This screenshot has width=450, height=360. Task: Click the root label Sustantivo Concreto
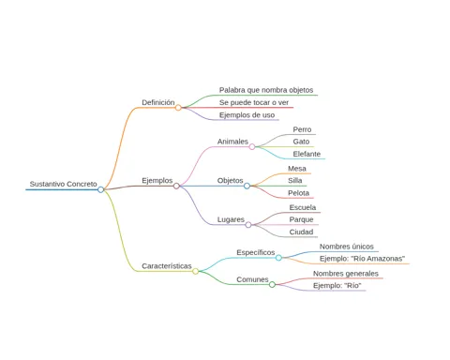coord(63,184)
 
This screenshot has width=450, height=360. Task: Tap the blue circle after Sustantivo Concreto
coord(100,189)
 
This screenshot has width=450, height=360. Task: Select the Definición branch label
coord(158,102)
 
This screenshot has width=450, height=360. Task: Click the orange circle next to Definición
coord(178,108)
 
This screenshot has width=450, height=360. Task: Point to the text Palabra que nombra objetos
coord(266,90)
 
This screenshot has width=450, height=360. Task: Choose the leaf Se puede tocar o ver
coord(254,102)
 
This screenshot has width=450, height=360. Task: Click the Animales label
coord(232,142)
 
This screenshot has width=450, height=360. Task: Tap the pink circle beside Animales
coord(252,147)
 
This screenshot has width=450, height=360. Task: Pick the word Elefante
coord(307,154)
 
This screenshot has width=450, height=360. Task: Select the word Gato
coord(301,142)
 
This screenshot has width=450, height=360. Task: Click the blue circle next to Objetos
coord(247,186)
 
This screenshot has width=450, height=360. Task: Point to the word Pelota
coord(298,193)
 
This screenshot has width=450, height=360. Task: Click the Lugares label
coord(231,219)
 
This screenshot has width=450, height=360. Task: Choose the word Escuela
coord(303,207)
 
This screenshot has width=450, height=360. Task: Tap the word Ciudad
coord(301,232)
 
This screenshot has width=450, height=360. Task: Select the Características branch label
coord(167,266)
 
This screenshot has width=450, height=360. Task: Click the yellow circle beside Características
coord(195,271)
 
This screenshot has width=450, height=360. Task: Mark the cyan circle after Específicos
coord(278,258)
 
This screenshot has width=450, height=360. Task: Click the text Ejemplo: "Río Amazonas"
coord(362,259)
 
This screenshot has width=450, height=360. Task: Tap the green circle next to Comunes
coord(272,284)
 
